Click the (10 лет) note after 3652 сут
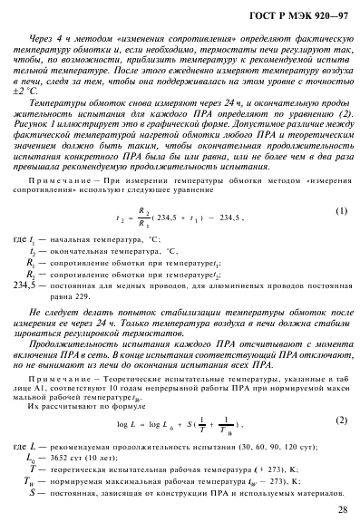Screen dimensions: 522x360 click(106, 457)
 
